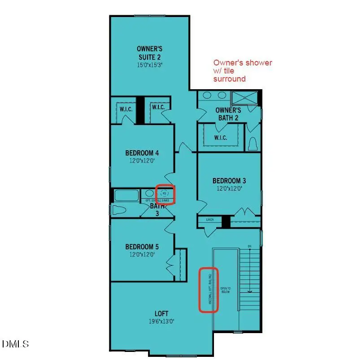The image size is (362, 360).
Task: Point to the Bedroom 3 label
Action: coord(229,181)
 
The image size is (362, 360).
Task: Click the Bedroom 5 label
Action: coord(142,247)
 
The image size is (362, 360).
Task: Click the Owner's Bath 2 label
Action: coord(228,114)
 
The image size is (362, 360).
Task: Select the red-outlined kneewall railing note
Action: coord(209,290)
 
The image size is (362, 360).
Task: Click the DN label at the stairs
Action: coord(249,246)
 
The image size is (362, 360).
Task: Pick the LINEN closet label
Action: coord(209,220)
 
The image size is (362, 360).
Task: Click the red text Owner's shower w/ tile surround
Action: coord(242,71)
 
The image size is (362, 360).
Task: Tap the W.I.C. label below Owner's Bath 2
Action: coord(220,138)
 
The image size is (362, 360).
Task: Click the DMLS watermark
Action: coord(16,344)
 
